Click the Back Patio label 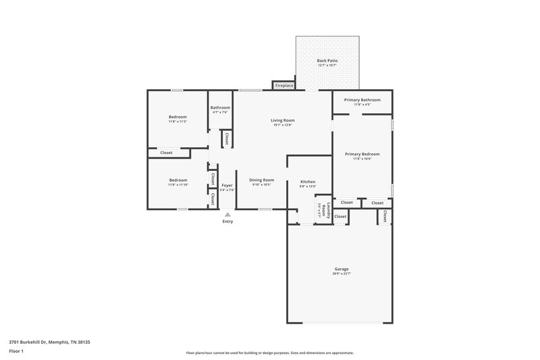pos(327,61)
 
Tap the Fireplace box pos(283,86)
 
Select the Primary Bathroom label pos(362,100)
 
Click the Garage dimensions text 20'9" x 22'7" pos(341,274)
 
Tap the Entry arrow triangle pos(227,214)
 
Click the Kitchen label pos(308,182)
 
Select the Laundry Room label pos(323,210)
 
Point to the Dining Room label pos(261,180)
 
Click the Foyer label pos(227,185)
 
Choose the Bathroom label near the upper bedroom pos(220,107)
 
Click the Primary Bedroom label pos(362,154)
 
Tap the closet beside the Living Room pos(227,138)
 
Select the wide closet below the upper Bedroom pos(166,153)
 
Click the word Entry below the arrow pos(227,222)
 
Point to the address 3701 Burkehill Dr pos(49,342)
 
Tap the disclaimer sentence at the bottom pos(269,353)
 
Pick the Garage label pos(341,269)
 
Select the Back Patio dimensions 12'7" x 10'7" pos(327,66)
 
